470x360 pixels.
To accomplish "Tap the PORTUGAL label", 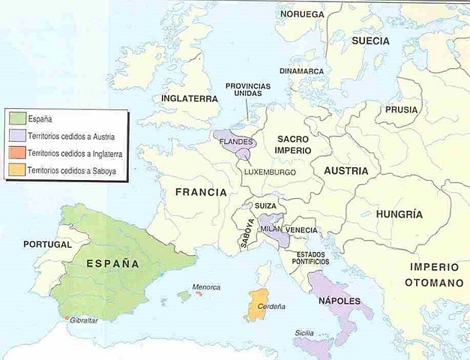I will point(47,244).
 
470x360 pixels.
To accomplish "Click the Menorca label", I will point(205,286).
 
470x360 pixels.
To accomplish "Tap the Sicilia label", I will point(304,331).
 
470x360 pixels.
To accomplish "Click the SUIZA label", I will point(265,205).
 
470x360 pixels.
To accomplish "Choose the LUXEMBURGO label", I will point(269,172).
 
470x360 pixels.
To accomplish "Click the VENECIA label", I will point(301,229).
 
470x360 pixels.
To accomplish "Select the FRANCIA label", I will point(200,192).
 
